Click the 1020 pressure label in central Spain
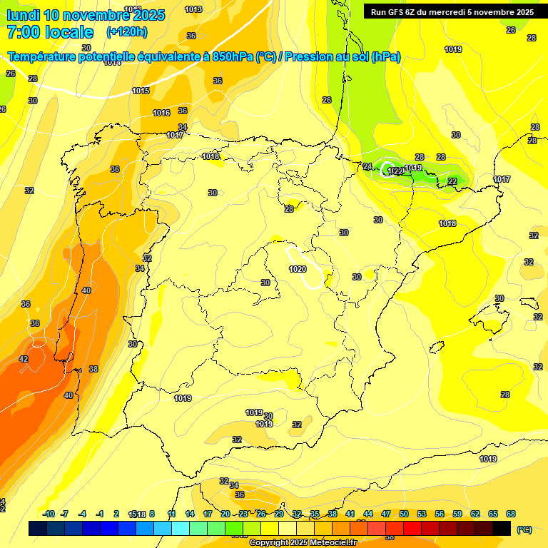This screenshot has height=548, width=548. (x=298, y=269)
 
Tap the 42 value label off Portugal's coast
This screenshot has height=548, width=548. (x=24, y=359)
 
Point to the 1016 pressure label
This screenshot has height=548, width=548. (x=161, y=113)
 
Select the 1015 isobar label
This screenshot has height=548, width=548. (x=141, y=91)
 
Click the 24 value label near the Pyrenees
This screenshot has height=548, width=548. (x=367, y=166)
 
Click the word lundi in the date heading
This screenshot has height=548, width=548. (x=23, y=15)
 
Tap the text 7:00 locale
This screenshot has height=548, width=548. (x=50, y=32)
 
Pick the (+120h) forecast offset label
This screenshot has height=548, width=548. (x=126, y=31)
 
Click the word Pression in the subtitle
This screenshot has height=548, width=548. (x=308, y=56)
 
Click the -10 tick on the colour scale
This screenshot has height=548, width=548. (x=49, y=514)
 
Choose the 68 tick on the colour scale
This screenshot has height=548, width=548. (x=511, y=514)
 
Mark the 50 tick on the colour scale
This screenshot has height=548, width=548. (x=404, y=514)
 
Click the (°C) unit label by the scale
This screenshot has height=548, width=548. (x=524, y=529)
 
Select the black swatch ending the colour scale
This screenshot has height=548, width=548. (x=502, y=528)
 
